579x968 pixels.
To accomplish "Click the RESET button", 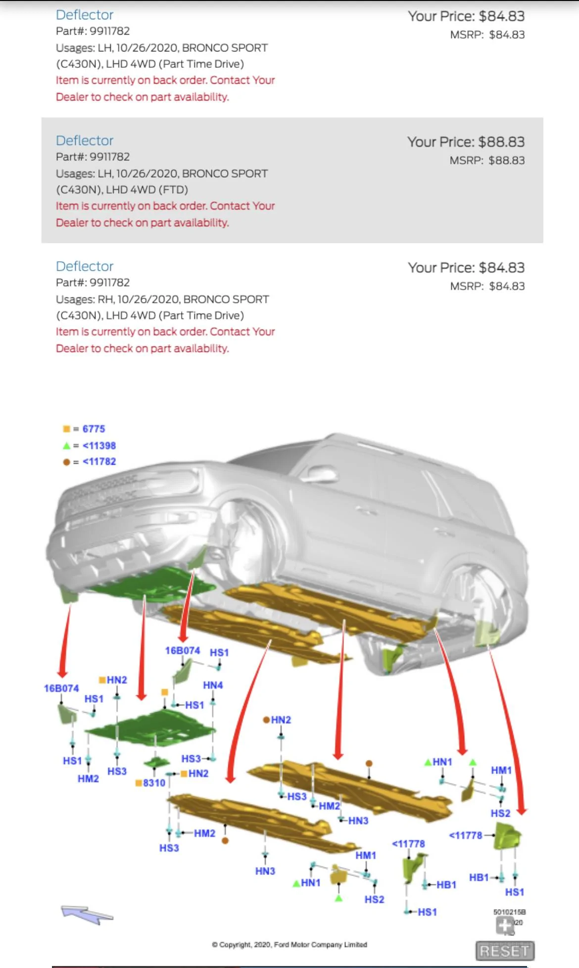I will pos(505,951).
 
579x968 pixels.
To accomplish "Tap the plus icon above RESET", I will pos(504,925).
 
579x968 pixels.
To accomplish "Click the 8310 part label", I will pos(154,783).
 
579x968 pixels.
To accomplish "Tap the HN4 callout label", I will pos(213,685).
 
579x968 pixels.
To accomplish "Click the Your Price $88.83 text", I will pos(466,142).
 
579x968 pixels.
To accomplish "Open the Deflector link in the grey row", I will pos(85,141).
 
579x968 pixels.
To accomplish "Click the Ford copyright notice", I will pos(289,945).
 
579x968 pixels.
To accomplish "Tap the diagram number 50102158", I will pos(509,912).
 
